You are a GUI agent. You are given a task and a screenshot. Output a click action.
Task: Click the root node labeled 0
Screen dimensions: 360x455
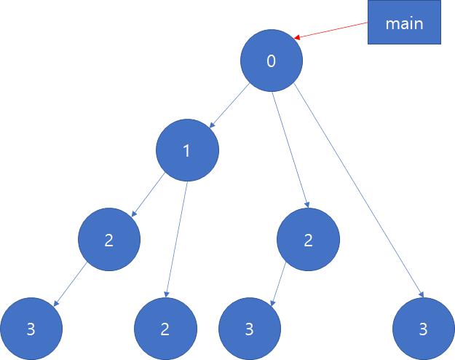coord(271,61)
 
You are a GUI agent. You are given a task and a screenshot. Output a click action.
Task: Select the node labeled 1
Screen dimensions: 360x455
coord(186,151)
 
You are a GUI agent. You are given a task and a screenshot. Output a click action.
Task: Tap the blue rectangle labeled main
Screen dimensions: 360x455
coord(405,24)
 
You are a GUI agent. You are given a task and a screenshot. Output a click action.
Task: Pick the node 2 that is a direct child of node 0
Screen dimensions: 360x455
coord(308,240)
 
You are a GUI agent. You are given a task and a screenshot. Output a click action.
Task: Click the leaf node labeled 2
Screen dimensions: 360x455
coord(165,329)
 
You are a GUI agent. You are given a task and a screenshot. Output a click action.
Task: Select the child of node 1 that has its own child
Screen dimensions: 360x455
coord(109,240)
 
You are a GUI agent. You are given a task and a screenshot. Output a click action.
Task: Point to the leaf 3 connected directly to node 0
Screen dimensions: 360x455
coord(422,329)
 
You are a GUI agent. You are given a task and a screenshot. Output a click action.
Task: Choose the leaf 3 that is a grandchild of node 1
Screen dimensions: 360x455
coord(30,329)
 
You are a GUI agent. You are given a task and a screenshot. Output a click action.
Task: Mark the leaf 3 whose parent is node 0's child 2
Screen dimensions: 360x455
coord(248,329)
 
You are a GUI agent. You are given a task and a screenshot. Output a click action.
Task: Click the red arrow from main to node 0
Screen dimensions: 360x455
coord(331,31)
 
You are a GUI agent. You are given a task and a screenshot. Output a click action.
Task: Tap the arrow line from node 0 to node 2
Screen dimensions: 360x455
coord(291,149)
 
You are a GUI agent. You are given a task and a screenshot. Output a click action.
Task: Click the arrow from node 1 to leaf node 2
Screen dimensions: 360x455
coord(178,237)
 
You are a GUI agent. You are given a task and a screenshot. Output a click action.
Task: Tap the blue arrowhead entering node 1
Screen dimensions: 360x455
coord(210,126)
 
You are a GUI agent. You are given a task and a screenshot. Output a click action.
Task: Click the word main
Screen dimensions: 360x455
coord(405,24)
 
